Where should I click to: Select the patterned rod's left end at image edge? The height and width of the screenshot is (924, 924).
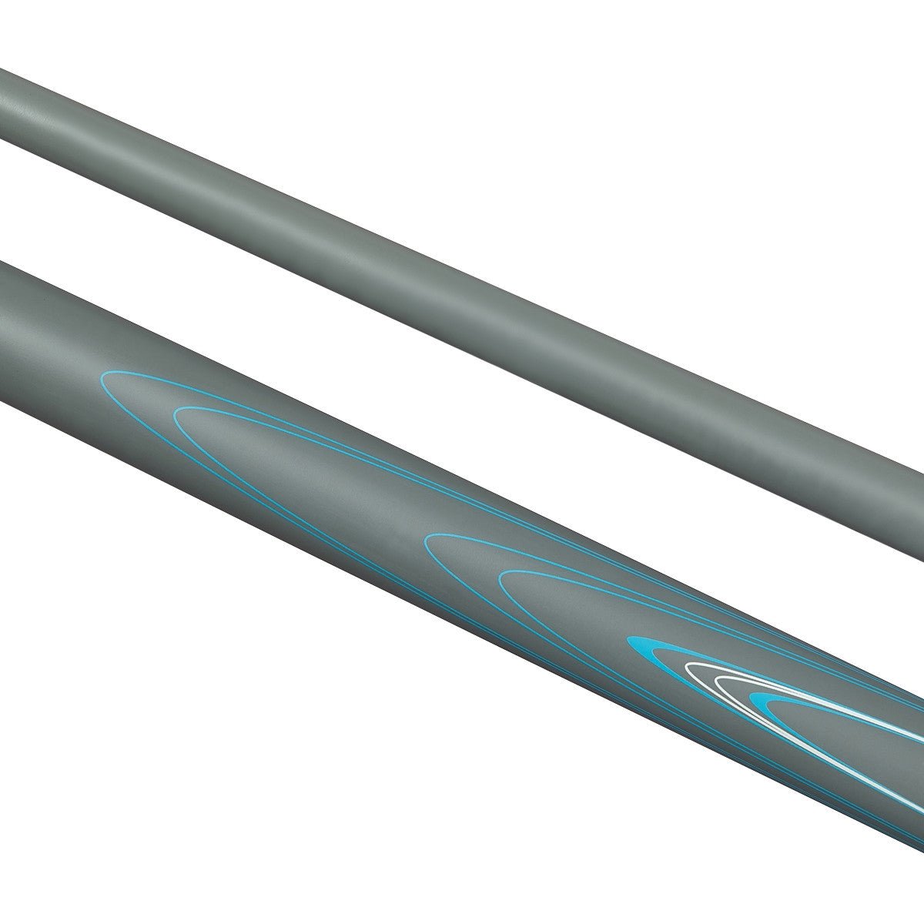click(x=4, y=331)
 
